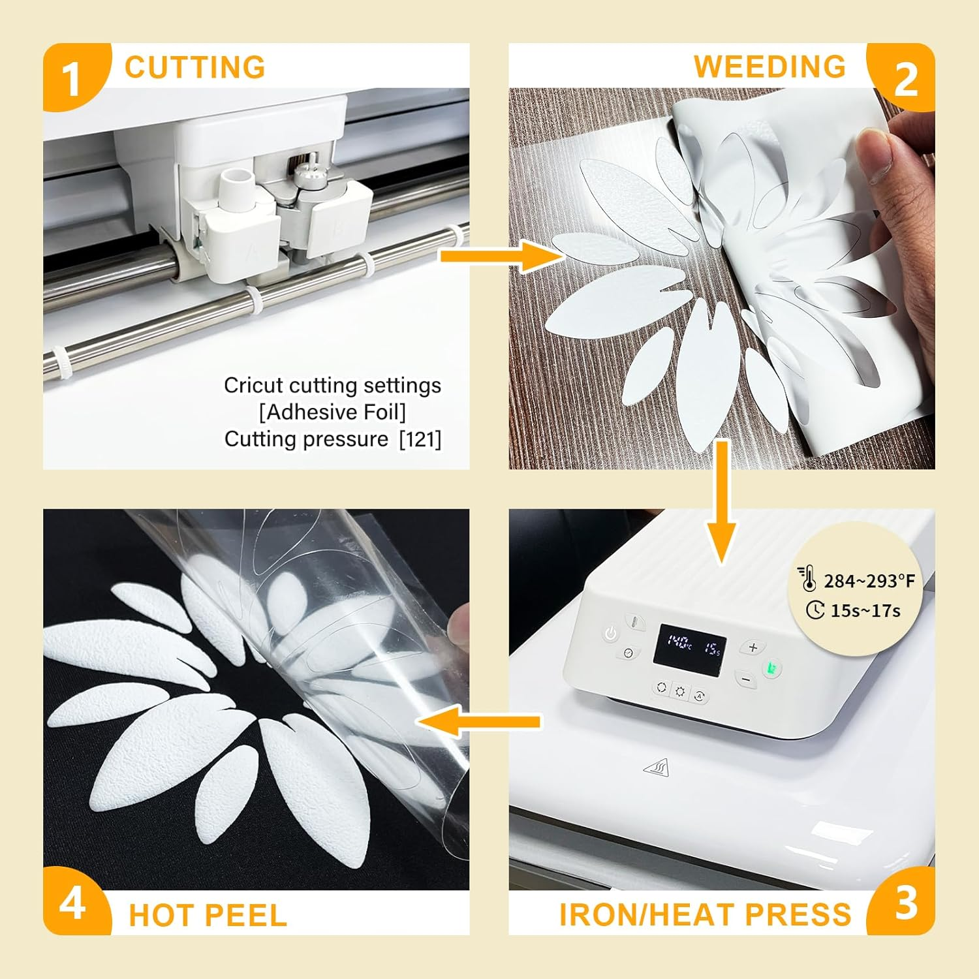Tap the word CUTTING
point(194,67)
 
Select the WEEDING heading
point(769,67)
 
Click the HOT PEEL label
point(208,915)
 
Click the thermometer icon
point(807,580)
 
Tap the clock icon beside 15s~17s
point(815,610)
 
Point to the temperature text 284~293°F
point(869,581)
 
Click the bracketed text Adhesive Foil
point(332,412)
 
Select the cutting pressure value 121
point(420,439)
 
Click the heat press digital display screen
point(691,646)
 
